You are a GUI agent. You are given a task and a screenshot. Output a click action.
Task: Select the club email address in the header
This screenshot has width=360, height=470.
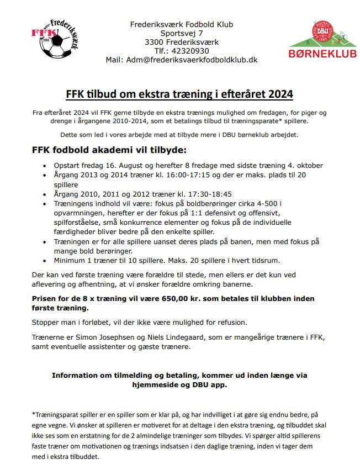(191, 60)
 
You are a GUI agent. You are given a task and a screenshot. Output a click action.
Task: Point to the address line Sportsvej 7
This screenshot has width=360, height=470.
(182, 33)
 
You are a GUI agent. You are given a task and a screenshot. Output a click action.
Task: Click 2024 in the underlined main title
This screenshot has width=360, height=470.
(282, 94)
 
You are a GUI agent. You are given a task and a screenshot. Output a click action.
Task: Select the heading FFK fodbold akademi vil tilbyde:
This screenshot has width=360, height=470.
(109, 150)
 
